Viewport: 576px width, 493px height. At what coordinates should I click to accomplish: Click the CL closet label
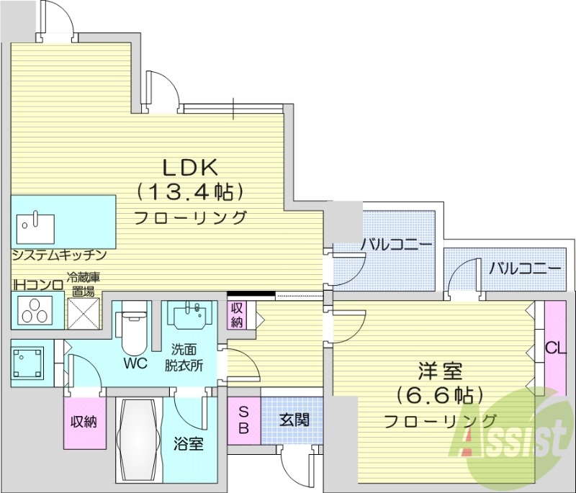point(555,348)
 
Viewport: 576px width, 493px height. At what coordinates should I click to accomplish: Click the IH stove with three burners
point(32,312)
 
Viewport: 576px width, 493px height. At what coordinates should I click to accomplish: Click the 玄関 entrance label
point(294,419)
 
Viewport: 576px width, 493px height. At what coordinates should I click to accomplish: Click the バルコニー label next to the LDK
point(396,245)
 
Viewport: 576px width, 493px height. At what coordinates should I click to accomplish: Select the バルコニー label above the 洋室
point(525,269)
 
